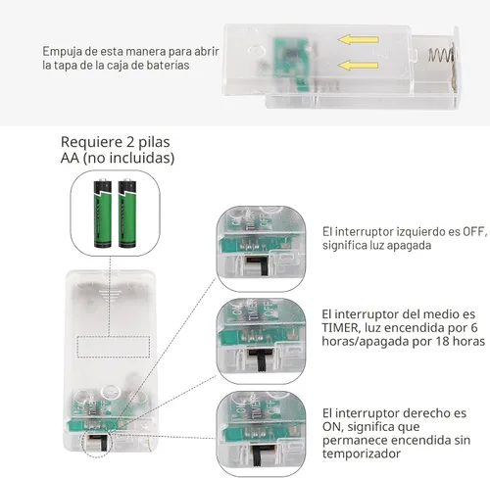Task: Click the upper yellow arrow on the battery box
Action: coord(359,39)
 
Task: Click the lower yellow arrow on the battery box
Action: coord(358,65)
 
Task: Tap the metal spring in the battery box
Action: coord(441,56)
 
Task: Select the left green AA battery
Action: coord(103,213)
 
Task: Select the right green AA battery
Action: coord(127,213)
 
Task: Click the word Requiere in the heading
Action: coord(87,142)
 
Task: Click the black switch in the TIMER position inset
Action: coord(261,359)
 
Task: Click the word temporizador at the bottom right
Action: coord(362,454)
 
